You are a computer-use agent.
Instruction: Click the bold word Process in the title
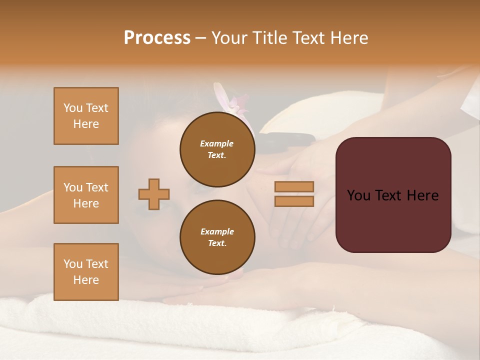pyautogui.click(x=157, y=38)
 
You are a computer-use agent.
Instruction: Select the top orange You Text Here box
pyautogui.click(x=86, y=116)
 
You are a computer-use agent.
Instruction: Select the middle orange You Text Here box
pyautogui.click(x=86, y=195)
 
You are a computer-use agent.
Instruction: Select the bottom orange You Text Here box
pyautogui.click(x=86, y=272)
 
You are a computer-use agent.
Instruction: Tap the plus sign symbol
pyautogui.click(x=154, y=194)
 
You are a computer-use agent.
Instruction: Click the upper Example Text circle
pyautogui.click(x=217, y=149)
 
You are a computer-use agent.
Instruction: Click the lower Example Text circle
pyautogui.click(x=217, y=237)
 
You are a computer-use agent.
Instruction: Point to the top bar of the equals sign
pyautogui.click(x=294, y=187)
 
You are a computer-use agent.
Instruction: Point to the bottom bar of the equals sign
pyautogui.click(x=294, y=201)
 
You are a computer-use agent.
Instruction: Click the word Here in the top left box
pyautogui.click(x=86, y=124)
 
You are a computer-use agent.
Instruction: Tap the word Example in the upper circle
pyautogui.click(x=217, y=143)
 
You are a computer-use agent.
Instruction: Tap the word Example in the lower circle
pyautogui.click(x=217, y=231)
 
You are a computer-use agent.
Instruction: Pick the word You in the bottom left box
pyautogui.click(x=72, y=264)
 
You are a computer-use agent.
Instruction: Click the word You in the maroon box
pyautogui.click(x=358, y=195)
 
